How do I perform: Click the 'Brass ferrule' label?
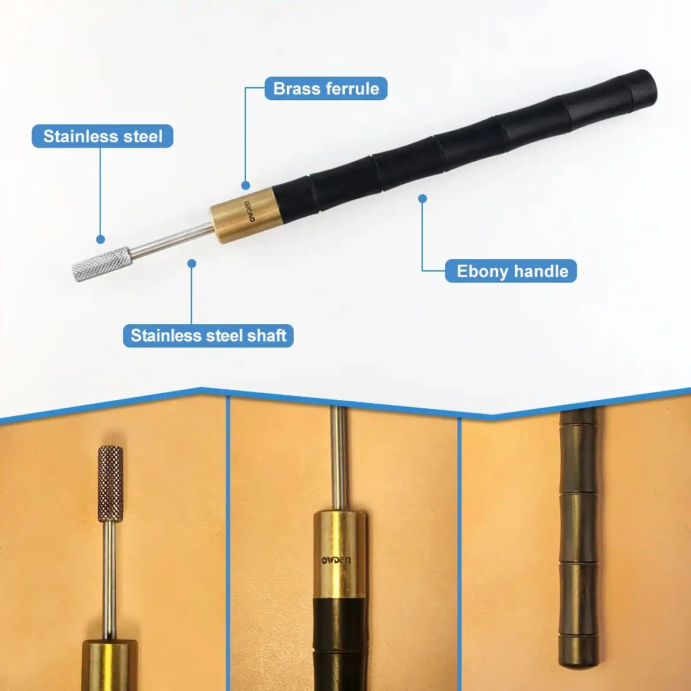tap(326, 89)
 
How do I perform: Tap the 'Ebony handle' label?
tap(511, 271)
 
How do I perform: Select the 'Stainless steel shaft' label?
tap(208, 336)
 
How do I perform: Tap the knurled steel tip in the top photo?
tap(102, 264)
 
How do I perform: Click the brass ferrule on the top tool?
tap(246, 217)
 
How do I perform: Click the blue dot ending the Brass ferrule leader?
tap(246, 185)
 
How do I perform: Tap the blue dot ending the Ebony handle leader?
tap(423, 198)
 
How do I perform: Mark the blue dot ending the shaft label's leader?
tap(192, 264)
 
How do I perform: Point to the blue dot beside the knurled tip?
tap(101, 239)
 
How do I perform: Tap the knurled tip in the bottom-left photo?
tap(111, 484)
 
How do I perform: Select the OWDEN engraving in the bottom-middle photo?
tap(336, 560)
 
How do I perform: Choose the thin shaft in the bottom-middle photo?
tap(338, 458)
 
